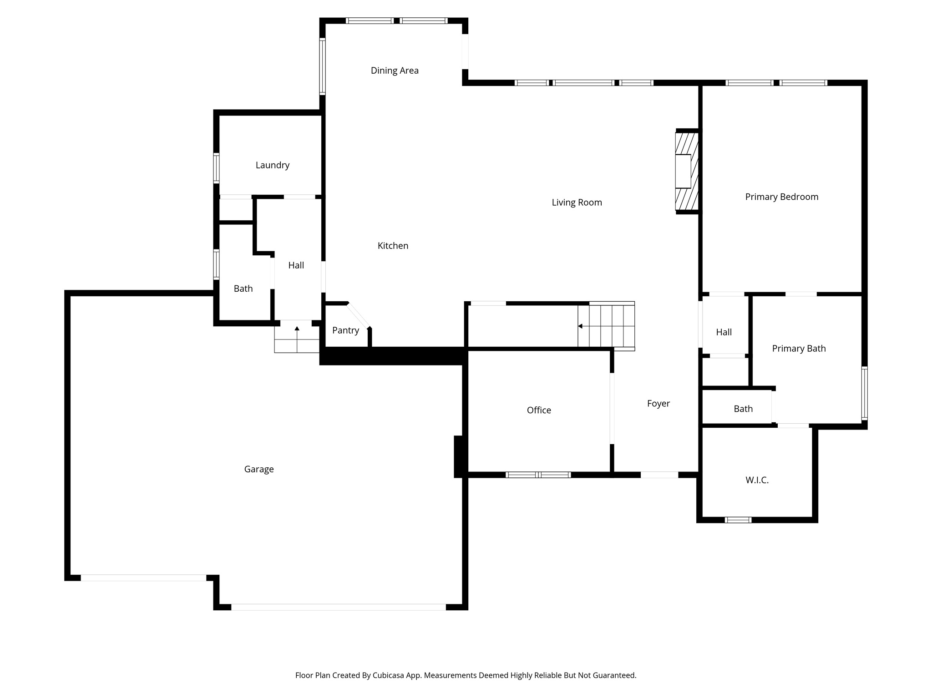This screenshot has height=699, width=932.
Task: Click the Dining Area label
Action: [x=394, y=71]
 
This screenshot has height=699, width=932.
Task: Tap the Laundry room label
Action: [x=272, y=165]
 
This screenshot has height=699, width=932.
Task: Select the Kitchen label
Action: [x=393, y=246]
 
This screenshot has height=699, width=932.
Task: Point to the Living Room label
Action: [x=577, y=203]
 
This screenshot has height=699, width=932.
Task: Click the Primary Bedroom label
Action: [x=781, y=197]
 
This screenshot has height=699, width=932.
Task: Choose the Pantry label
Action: [x=345, y=330]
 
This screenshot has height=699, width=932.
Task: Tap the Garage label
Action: [x=258, y=469]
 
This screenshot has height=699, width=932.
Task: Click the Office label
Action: [x=539, y=410]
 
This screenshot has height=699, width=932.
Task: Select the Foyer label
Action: [x=658, y=404]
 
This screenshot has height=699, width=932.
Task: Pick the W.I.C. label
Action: [x=757, y=480]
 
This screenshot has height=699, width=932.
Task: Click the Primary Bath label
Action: [x=799, y=349]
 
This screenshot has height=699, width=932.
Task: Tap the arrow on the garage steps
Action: [x=297, y=329]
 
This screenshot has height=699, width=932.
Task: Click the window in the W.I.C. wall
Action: [x=738, y=520]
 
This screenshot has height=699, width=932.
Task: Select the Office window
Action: [x=538, y=475]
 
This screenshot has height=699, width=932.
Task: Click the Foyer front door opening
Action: [x=659, y=475]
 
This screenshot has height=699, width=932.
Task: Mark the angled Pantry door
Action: [x=358, y=315]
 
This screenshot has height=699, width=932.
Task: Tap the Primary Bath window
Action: [x=864, y=393]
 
